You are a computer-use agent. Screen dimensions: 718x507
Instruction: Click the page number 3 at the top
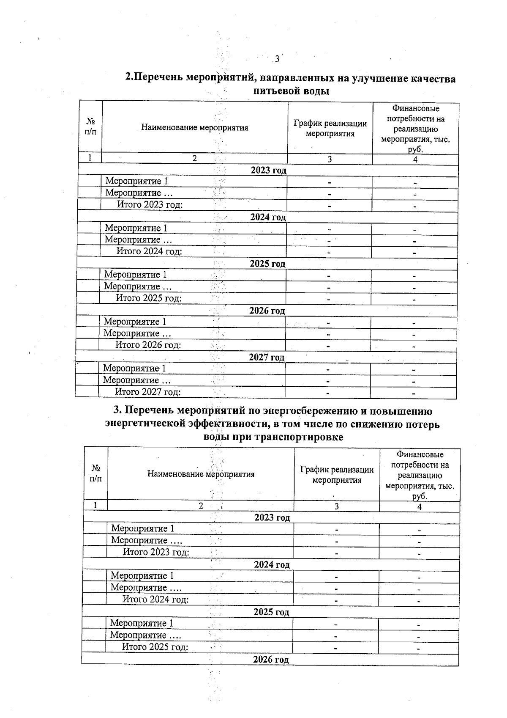pos(277,59)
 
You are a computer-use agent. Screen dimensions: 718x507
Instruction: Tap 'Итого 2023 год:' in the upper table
pos(150,205)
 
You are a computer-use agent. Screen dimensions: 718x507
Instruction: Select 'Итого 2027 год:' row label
pos(148,392)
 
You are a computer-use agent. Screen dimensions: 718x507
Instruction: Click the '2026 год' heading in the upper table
pos(267,311)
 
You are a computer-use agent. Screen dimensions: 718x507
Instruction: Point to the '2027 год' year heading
pos(267,358)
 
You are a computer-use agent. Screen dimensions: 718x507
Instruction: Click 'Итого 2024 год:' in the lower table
pos(155,599)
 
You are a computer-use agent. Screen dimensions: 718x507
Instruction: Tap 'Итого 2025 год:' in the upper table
pos(149,298)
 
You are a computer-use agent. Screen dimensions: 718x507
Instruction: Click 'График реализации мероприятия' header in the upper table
pos(330,128)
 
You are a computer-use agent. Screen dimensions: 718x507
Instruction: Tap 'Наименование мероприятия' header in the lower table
pos(201,474)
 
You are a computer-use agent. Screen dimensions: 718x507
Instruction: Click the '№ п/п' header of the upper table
pos(90,127)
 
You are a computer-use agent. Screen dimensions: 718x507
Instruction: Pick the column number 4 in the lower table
pos(420,506)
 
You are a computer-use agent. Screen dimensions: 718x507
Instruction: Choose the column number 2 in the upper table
pos(194,159)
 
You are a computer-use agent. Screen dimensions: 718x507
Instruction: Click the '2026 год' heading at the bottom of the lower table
pos(271,660)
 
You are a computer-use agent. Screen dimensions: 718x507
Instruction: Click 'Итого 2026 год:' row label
pos(148,345)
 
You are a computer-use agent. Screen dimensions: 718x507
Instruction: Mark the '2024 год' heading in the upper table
pos(268,217)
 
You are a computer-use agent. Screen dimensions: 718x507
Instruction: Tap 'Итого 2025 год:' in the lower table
pos(155,647)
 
